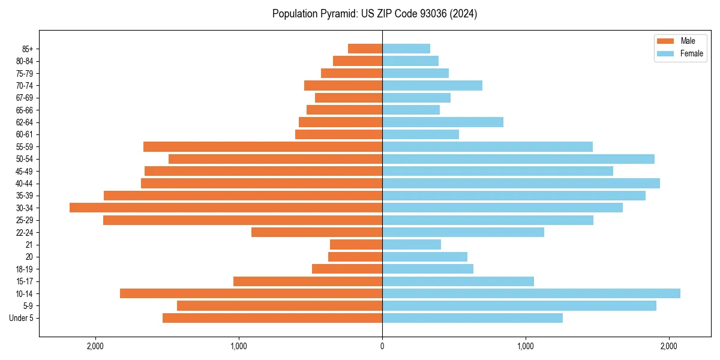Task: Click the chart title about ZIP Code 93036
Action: tap(374, 14)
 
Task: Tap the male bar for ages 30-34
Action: tap(226, 208)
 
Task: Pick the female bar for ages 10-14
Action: tap(531, 293)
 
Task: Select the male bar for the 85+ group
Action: tap(365, 49)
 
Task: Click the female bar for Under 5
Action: tap(472, 318)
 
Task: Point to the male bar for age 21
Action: tap(356, 244)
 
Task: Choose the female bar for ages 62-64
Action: tap(443, 122)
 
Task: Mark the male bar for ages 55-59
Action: tap(263, 146)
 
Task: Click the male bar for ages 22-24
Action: tap(317, 232)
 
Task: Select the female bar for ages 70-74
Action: tap(432, 85)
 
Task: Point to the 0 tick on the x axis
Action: tap(382, 346)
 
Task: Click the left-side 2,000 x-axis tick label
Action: tap(95, 346)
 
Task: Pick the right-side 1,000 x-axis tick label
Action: tap(526, 346)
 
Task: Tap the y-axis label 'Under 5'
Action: tap(22, 318)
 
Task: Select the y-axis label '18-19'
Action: tap(25, 269)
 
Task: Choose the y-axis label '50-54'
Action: tap(25, 159)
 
